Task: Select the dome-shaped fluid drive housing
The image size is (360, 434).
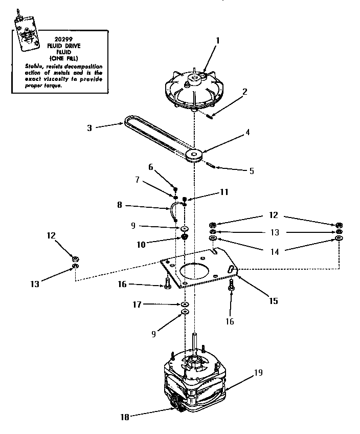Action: coord(194,90)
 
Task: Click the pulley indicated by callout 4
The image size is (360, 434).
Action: coord(195,156)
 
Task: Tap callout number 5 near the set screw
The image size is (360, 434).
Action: coord(251,171)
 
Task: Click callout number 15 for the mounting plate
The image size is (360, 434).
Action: coord(274,301)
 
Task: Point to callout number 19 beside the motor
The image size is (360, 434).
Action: coord(258,373)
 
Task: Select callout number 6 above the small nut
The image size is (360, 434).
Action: coord(150,167)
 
